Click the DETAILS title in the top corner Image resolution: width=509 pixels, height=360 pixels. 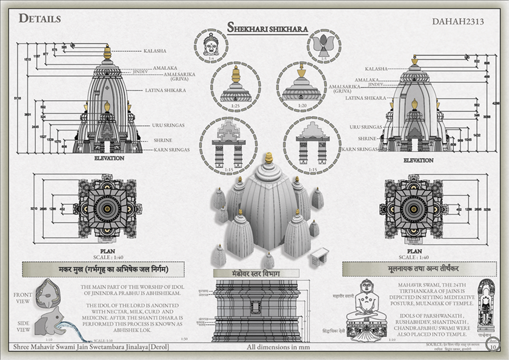tap(40, 18)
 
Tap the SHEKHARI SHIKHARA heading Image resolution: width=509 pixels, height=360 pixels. tap(267, 28)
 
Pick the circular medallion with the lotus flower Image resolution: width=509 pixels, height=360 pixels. tap(323, 45)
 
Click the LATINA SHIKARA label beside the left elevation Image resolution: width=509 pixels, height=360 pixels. tap(165, 90)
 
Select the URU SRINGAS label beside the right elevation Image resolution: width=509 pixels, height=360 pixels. tap(366, 127)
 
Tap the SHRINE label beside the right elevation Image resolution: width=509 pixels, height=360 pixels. tap(371, 139)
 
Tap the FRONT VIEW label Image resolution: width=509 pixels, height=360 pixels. tap(22, 297)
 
